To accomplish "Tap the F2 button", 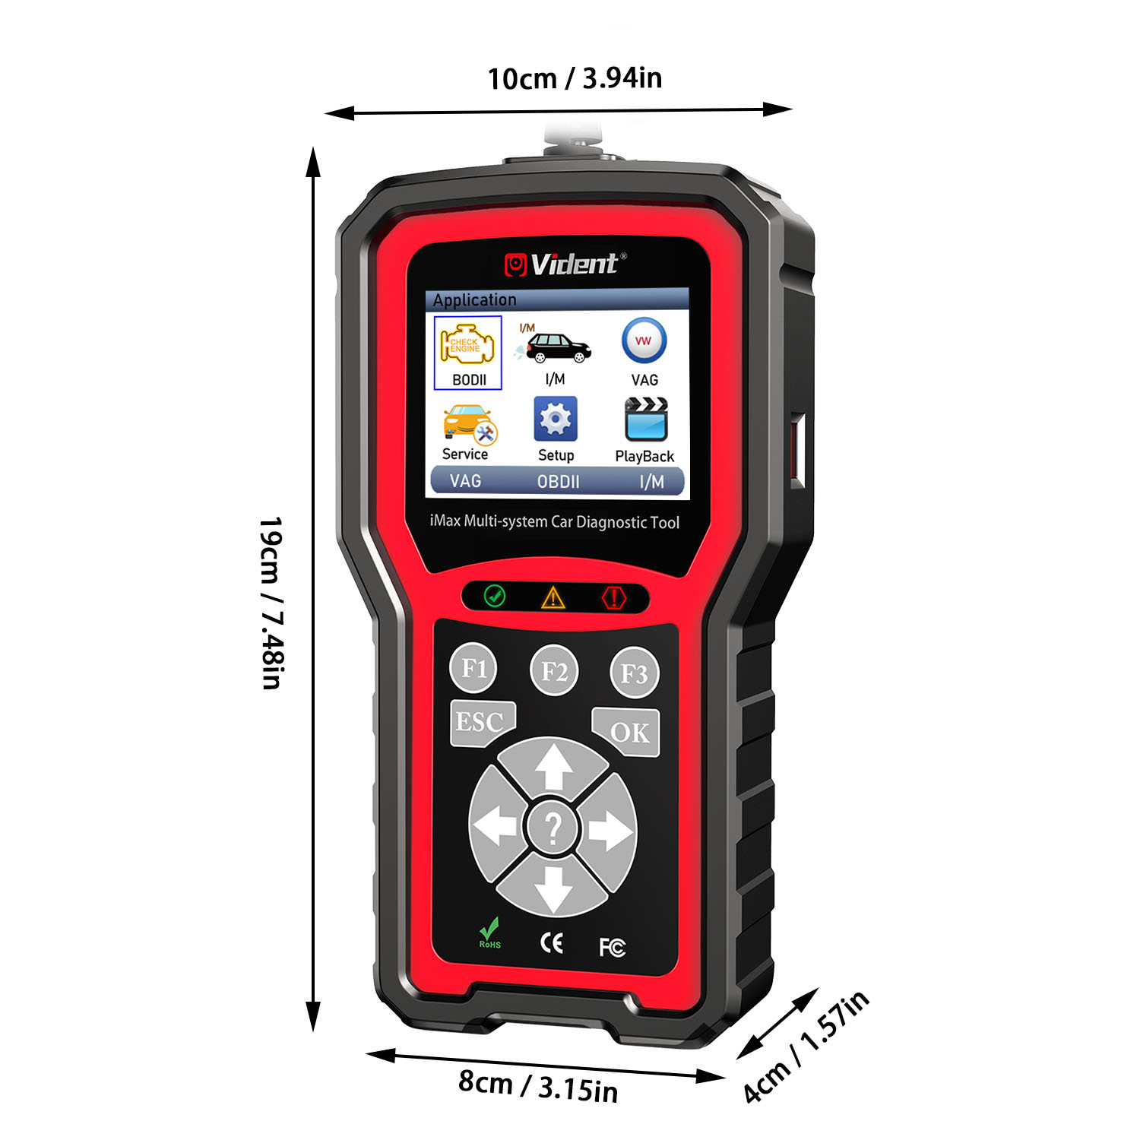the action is click(554, 670).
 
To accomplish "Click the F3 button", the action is click(635, 673).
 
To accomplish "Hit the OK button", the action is click(627, 731).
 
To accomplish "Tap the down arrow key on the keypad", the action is click(553, 885).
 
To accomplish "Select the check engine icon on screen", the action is click(467, 346).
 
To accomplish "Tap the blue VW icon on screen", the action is click(644, 341).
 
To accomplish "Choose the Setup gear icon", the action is click(556, 419).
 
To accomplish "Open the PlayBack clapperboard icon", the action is click(646, 419).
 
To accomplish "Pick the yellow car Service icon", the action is click(469, 424).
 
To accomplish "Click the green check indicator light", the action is click(495, 595).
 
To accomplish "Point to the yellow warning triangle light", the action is click(553, 597).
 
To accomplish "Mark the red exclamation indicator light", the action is click(613, 597).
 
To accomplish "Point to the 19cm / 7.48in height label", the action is click(271, 603).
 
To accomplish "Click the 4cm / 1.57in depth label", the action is click(806, 1047).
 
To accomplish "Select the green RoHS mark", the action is click(489, 933).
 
